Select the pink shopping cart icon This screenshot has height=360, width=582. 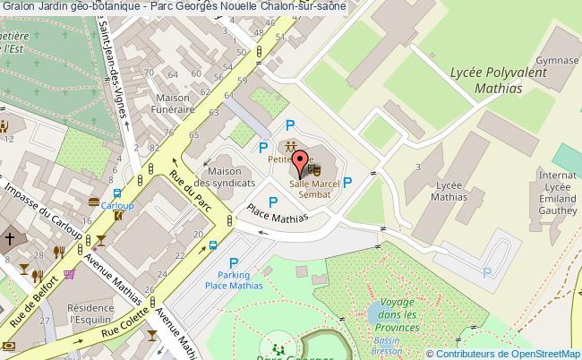click(x=69, y=275)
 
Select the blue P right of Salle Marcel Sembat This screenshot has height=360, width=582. click(x=347, y=183)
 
